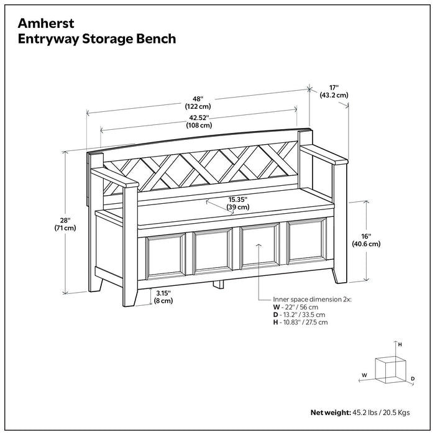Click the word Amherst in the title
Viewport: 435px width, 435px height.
point(45,23)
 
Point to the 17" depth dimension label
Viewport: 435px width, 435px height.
point(333,91)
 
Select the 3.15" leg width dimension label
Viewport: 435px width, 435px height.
point(164,296)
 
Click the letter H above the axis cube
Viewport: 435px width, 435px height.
point(400,344)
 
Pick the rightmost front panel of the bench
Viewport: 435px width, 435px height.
point(309,248)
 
